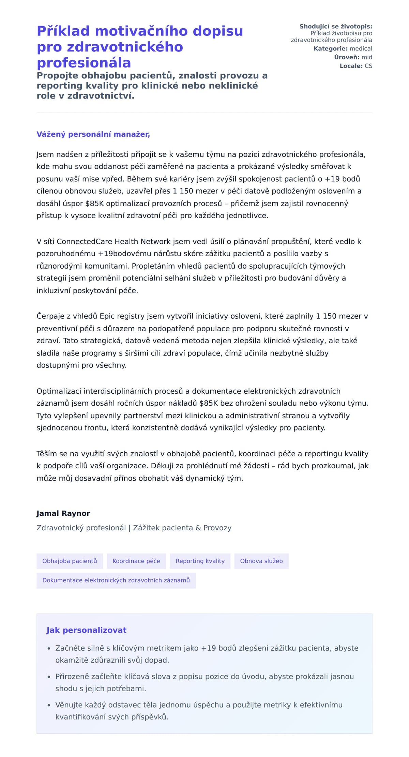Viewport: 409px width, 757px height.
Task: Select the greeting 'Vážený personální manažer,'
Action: click(93, 134)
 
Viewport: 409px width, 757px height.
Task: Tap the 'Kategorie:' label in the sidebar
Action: click(330, 49)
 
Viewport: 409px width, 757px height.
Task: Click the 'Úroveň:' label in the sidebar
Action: click(347, 57)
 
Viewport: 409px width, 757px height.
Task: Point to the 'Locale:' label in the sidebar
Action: click(351, 66)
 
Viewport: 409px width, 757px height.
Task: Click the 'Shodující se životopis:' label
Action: click(336, 26)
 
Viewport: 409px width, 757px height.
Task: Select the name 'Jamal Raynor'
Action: click(63, 513)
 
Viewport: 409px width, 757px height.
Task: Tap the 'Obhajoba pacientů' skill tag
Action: click(70, 561)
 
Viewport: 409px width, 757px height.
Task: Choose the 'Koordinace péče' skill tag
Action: click(136, 561)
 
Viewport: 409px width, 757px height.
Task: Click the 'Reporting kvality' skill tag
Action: click(200, 561)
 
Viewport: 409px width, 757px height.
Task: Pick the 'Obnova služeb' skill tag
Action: click(261, 561)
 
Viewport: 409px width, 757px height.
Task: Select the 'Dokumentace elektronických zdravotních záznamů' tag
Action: click(116, 580)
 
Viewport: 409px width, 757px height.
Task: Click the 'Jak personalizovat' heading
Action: click(86, 630)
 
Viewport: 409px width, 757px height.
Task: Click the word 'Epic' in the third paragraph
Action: click(107, 316)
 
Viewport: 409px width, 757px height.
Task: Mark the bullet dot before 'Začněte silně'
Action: click(49, 649)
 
